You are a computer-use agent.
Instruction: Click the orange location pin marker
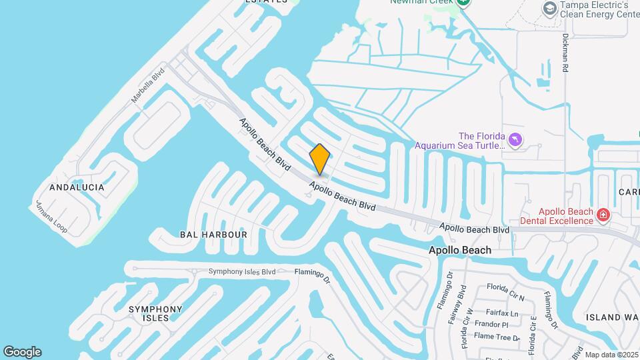[320, 159]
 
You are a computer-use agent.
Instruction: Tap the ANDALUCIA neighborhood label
[77, 187]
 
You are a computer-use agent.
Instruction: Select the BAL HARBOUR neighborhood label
[213, 235]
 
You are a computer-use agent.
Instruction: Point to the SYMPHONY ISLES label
[155, 313]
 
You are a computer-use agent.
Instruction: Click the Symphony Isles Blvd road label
[241, 271]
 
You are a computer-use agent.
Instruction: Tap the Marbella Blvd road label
[147, 87]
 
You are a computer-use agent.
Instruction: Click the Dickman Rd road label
[565, 53]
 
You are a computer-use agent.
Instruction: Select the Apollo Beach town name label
[459, 250]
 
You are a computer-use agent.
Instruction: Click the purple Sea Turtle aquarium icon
[515, 140]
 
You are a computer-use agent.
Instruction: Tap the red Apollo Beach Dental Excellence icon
[603, 214]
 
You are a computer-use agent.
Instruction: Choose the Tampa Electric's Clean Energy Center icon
[549, 8]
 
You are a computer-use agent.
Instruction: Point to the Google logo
[22, 352]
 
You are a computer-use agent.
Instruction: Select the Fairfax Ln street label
[503, 313]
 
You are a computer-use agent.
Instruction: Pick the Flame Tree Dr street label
[497, 337]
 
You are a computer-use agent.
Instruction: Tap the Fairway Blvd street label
[462, 301]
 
